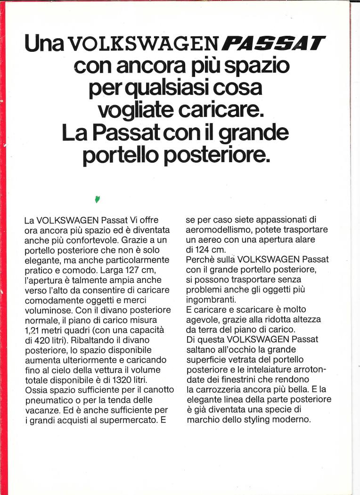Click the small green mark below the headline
(98, 199)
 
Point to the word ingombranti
(208, 300)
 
